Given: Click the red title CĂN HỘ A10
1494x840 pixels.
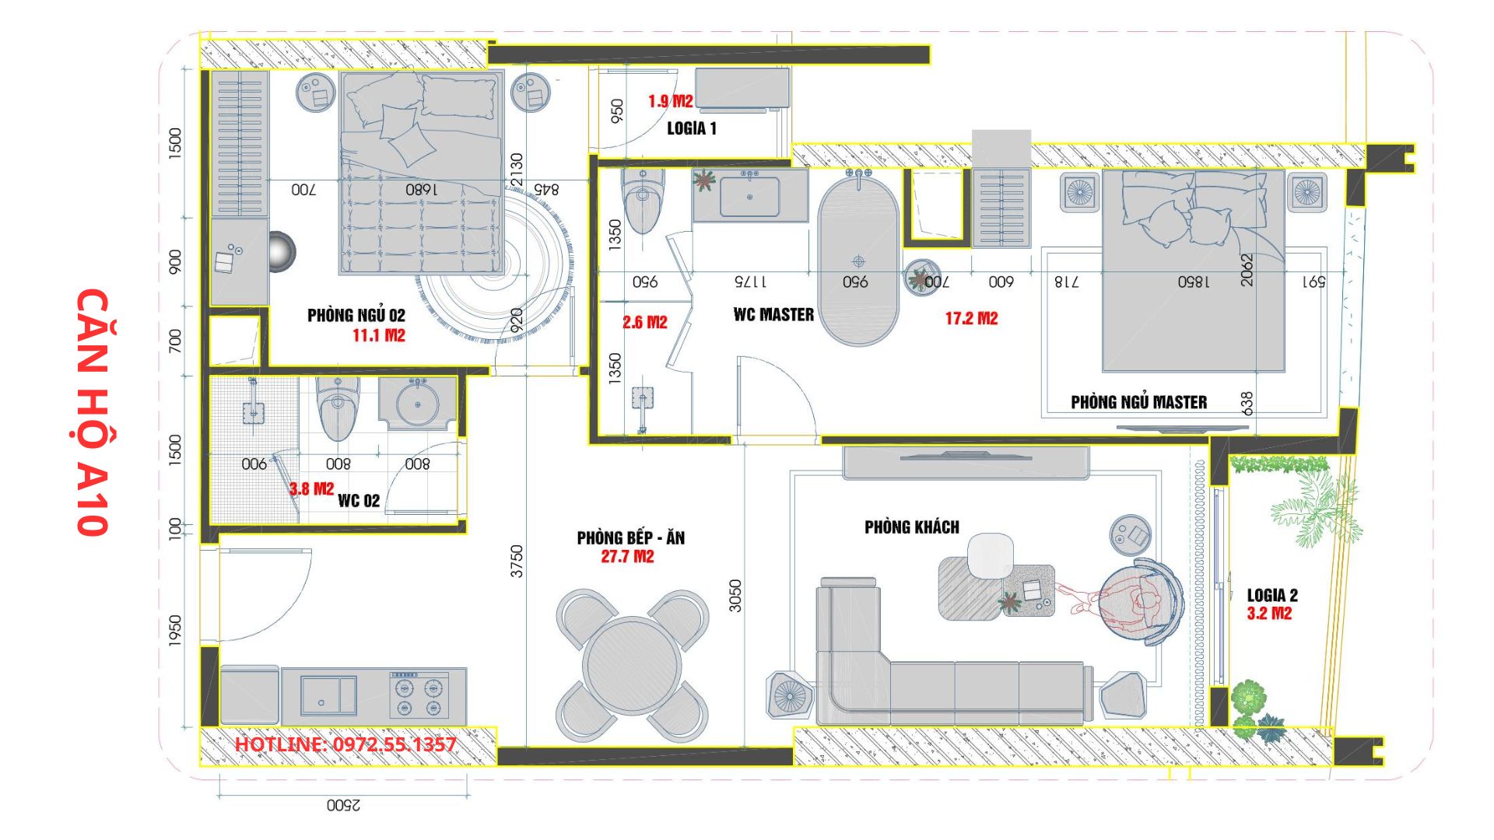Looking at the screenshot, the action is point(92,412).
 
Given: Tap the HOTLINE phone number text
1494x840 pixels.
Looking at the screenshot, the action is point(345,744).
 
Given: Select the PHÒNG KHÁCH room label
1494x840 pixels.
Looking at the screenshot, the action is point(912,527).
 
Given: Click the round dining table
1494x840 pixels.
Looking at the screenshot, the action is point(632,665).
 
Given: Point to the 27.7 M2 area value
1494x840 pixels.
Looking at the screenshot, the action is point(627,557).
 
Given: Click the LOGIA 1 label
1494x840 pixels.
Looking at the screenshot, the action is point(692,129).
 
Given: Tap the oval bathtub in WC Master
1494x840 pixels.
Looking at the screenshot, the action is point(858,262).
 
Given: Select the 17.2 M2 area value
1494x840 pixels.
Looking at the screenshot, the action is point(971,319).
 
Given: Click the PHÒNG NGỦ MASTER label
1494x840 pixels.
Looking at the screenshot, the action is point(1139,402).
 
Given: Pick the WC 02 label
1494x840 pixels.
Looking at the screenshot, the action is point(359,501).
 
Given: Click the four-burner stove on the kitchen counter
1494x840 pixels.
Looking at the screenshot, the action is point(419,697).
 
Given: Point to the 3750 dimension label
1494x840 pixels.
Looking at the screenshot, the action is point(517,561).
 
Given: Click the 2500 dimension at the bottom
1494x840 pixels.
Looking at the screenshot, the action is point(343,806).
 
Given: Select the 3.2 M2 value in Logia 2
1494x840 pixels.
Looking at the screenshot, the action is point(1269,614).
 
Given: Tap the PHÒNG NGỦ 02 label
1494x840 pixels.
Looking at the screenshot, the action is point(356,315).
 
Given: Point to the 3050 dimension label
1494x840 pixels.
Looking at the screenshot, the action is point(735,596).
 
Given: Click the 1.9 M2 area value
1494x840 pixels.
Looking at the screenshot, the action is point(670,101).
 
